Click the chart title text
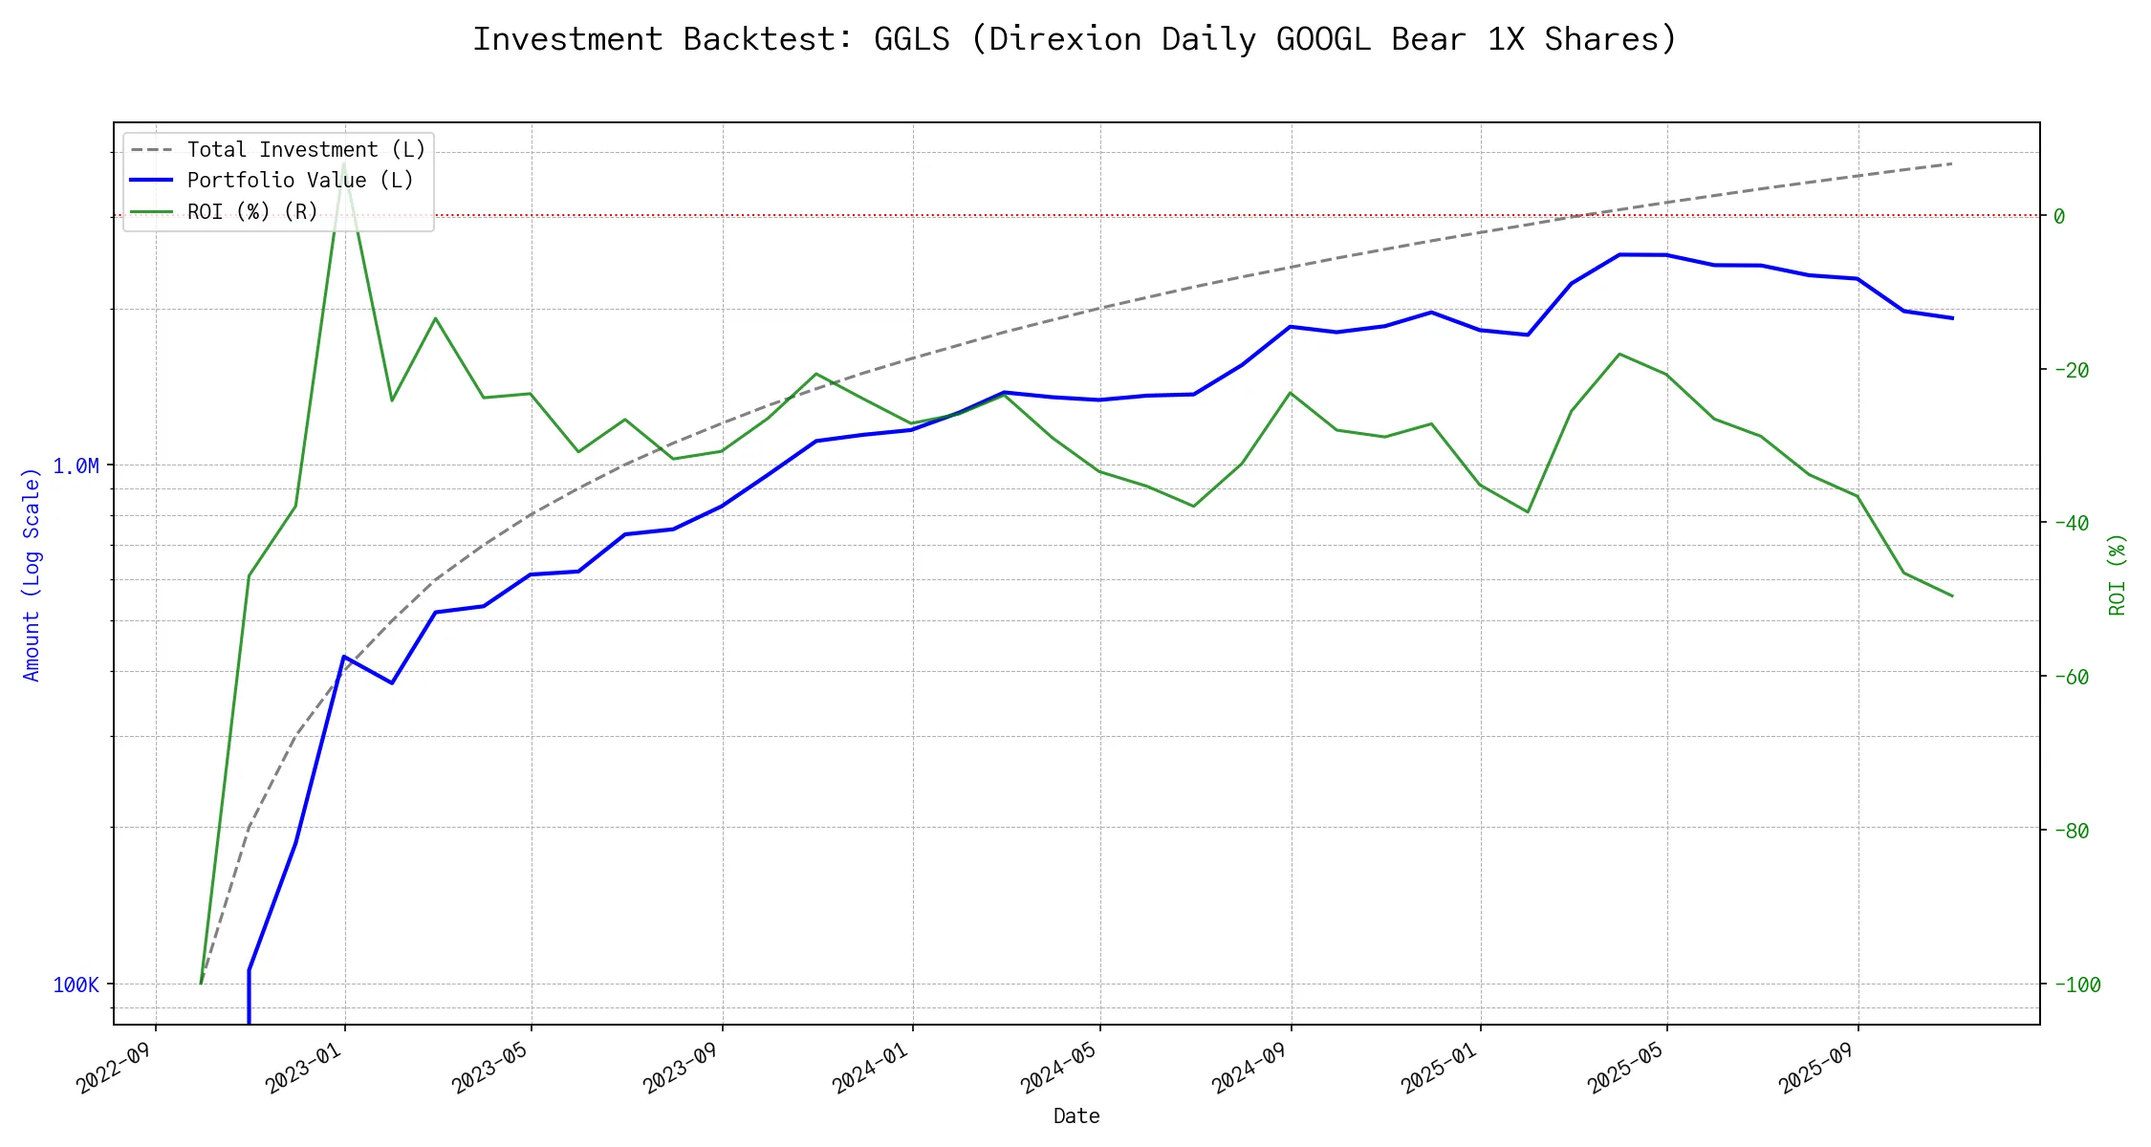point(1075,39)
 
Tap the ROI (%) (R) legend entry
point(252,211)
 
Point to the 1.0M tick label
point(76,466)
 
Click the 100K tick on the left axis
point(76,985)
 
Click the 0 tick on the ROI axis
point(2059,217)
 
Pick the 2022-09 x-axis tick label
point(116,1069)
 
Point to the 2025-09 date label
point(1817,1069)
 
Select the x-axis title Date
point(1076,1116)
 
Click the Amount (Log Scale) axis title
point(32,574)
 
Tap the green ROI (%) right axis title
point(2117,574)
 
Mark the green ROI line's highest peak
point(343,164)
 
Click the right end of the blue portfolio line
point(1952,318)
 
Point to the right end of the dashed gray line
point(1952,163)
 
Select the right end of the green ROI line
point(1952,596)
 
